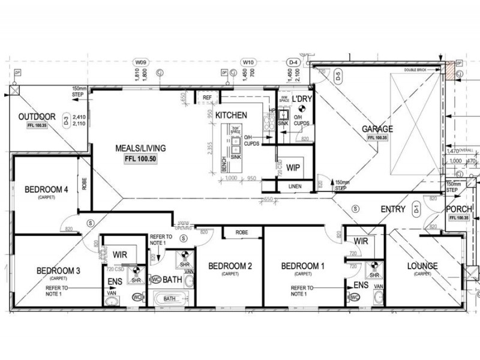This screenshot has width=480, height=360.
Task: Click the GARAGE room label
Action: coord(377,129)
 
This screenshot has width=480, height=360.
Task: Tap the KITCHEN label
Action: coord(232,115)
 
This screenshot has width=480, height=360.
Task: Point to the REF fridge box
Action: coord(208,97)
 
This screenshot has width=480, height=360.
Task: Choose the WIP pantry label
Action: coord(293,167)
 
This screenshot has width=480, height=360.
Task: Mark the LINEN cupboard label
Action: coord(295,187)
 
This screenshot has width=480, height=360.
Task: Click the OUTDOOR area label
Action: coord(37,116)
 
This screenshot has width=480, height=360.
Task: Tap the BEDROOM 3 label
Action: coord(58,271)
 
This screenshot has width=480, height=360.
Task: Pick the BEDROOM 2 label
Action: coord(229,266)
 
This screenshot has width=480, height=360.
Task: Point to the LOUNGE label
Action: coord(422,266)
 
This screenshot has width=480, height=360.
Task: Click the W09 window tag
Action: coord(141,62)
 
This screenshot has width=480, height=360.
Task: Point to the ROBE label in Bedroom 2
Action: coord(242,232)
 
